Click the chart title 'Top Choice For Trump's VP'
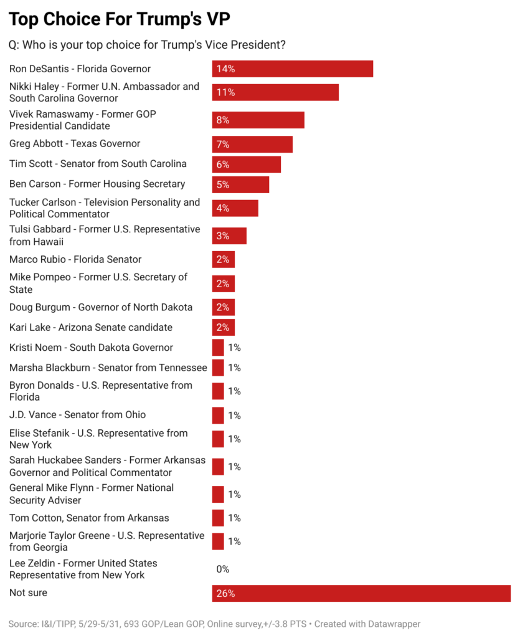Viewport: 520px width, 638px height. tap(119, 19)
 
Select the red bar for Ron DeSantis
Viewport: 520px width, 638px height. tap(292, 69)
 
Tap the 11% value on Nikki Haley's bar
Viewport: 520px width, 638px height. tap(225, 92)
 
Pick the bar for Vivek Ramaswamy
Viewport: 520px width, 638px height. tap(258, 120)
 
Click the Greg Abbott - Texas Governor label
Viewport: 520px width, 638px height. tap(75, 144)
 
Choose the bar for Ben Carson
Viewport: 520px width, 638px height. tap(240, 184)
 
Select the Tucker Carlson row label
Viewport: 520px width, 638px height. tap(105, 208)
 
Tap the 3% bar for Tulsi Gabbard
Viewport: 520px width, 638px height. tap(229, 236)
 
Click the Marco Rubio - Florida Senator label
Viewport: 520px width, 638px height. tap(75, 259)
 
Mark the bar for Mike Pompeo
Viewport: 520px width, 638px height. tap(223, 283)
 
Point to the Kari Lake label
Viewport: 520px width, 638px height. tap(91, 328)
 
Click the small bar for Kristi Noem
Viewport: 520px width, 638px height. tap(218, 348)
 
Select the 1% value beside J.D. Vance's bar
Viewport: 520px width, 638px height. tap(234, 416)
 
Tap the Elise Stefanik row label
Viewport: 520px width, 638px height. tap(98, 439)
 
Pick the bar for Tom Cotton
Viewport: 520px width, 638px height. tap(218, 518)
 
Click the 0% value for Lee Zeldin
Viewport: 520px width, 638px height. tap(223, 569)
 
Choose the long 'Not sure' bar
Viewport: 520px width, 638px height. tap(361, 593)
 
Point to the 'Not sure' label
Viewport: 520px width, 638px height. tap(28, 593)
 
